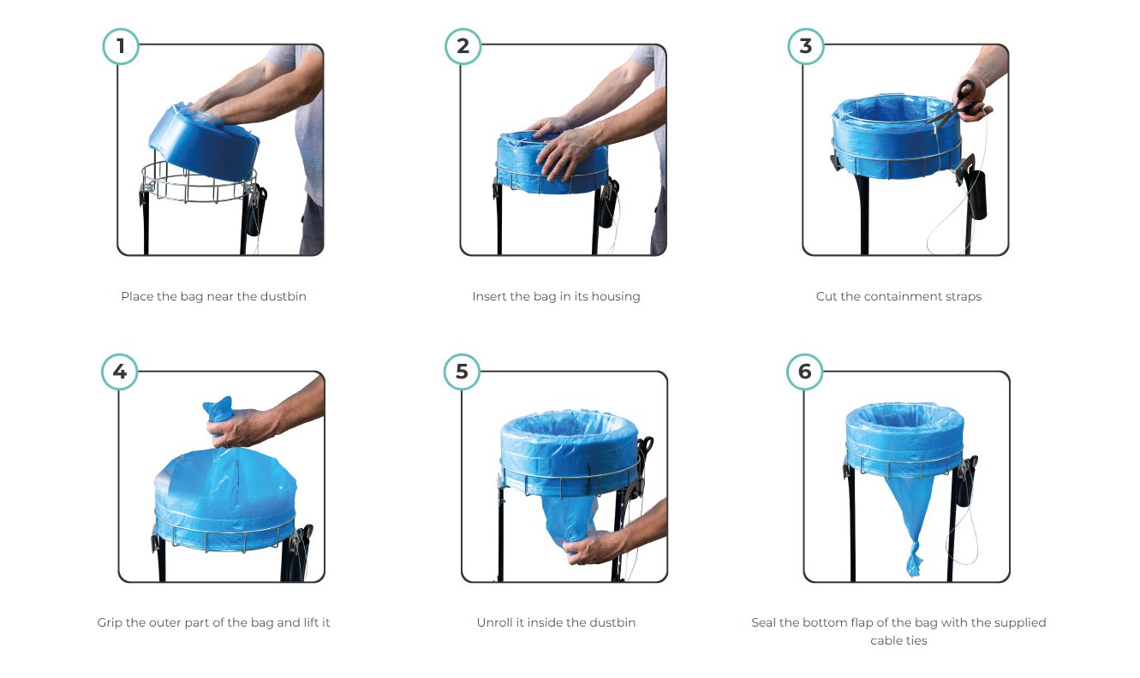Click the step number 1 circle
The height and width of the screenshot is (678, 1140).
(x=121, y=46)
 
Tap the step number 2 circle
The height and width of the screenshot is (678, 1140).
(x=463, y=46)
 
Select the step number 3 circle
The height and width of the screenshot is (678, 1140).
(x=805, y=46)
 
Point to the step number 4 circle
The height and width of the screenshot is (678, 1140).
(x=120, y=372)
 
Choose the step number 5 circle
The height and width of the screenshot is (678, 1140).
(x=463, y=372)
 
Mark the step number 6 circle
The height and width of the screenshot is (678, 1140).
(x=805, y=372)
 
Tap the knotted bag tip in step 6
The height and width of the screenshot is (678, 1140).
(x=915, y=560)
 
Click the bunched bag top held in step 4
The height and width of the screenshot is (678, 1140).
(x=218, y=408)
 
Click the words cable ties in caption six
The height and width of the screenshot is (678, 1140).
(x=898, y=640)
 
